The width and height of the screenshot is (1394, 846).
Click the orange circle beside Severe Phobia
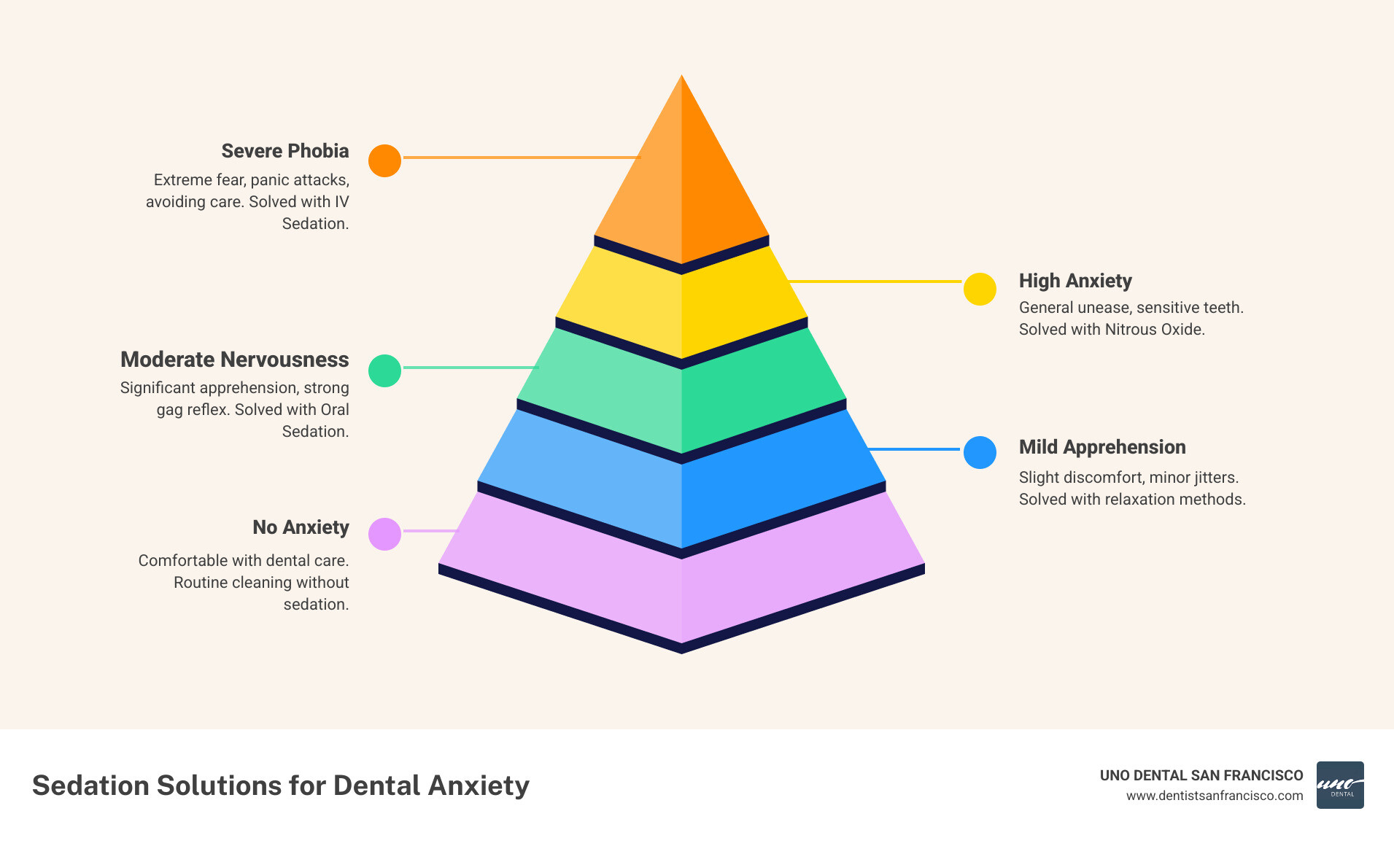point(384,160)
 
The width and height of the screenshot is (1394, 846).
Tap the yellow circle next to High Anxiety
point(980,290)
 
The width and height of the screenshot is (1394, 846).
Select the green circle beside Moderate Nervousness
point(384,370)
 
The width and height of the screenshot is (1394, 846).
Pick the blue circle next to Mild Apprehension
point(980,452)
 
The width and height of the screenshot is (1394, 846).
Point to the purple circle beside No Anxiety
point(384,534)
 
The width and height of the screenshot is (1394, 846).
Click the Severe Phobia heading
point(285,151)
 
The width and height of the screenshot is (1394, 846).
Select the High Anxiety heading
point(1074,281)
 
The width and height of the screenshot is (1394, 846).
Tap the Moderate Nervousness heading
point(234,360)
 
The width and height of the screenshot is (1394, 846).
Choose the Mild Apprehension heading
point(1101,447)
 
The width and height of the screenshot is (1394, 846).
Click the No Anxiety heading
point(301,527)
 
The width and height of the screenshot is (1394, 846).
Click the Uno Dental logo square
point(1339,785)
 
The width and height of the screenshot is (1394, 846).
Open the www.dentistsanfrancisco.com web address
point(1214,796)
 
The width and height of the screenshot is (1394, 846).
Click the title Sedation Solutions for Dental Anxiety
point(281,785)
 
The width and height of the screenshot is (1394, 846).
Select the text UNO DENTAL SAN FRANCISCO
point(1201,775)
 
